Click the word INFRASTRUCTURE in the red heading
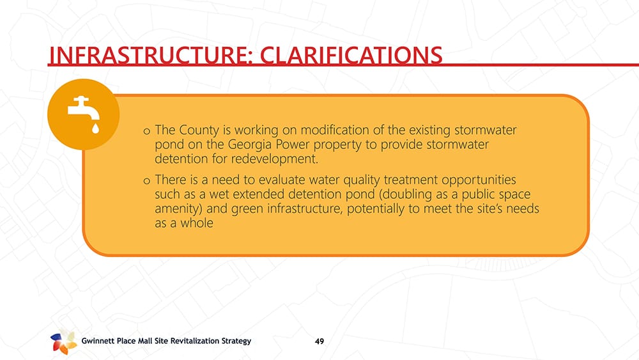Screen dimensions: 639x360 [x=149, y=56]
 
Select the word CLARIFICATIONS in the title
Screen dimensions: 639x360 [x=351, y=56]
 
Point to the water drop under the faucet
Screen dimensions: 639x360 [x=95, y=129]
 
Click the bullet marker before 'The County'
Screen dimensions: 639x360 [x=147, y=131]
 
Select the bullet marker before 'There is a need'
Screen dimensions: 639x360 [x=147, y=181]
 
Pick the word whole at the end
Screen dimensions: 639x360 [x=197, y=223]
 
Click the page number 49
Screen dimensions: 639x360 [x=319, y=341]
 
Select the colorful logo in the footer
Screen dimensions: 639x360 [x=63, y=341]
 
